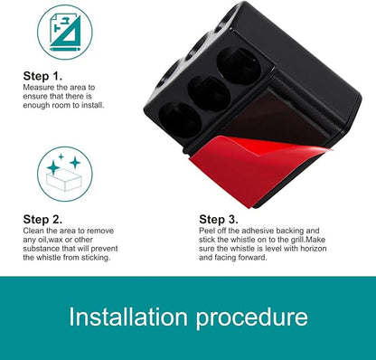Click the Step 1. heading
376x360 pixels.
point(42,76)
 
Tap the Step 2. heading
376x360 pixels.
point(42,219)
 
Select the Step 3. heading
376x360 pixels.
point(219,219)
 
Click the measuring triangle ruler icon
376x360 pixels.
point(66,32)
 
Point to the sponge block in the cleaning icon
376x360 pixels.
point(64,180)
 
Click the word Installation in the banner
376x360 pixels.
point(128,317)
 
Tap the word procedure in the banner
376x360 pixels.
point(252,318)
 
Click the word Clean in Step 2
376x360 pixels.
point(32,231)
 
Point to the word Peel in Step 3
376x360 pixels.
point(206,231)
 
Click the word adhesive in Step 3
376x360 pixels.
point(258,231)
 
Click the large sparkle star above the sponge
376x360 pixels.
point(53,167)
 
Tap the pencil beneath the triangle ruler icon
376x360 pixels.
point(65,49)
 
